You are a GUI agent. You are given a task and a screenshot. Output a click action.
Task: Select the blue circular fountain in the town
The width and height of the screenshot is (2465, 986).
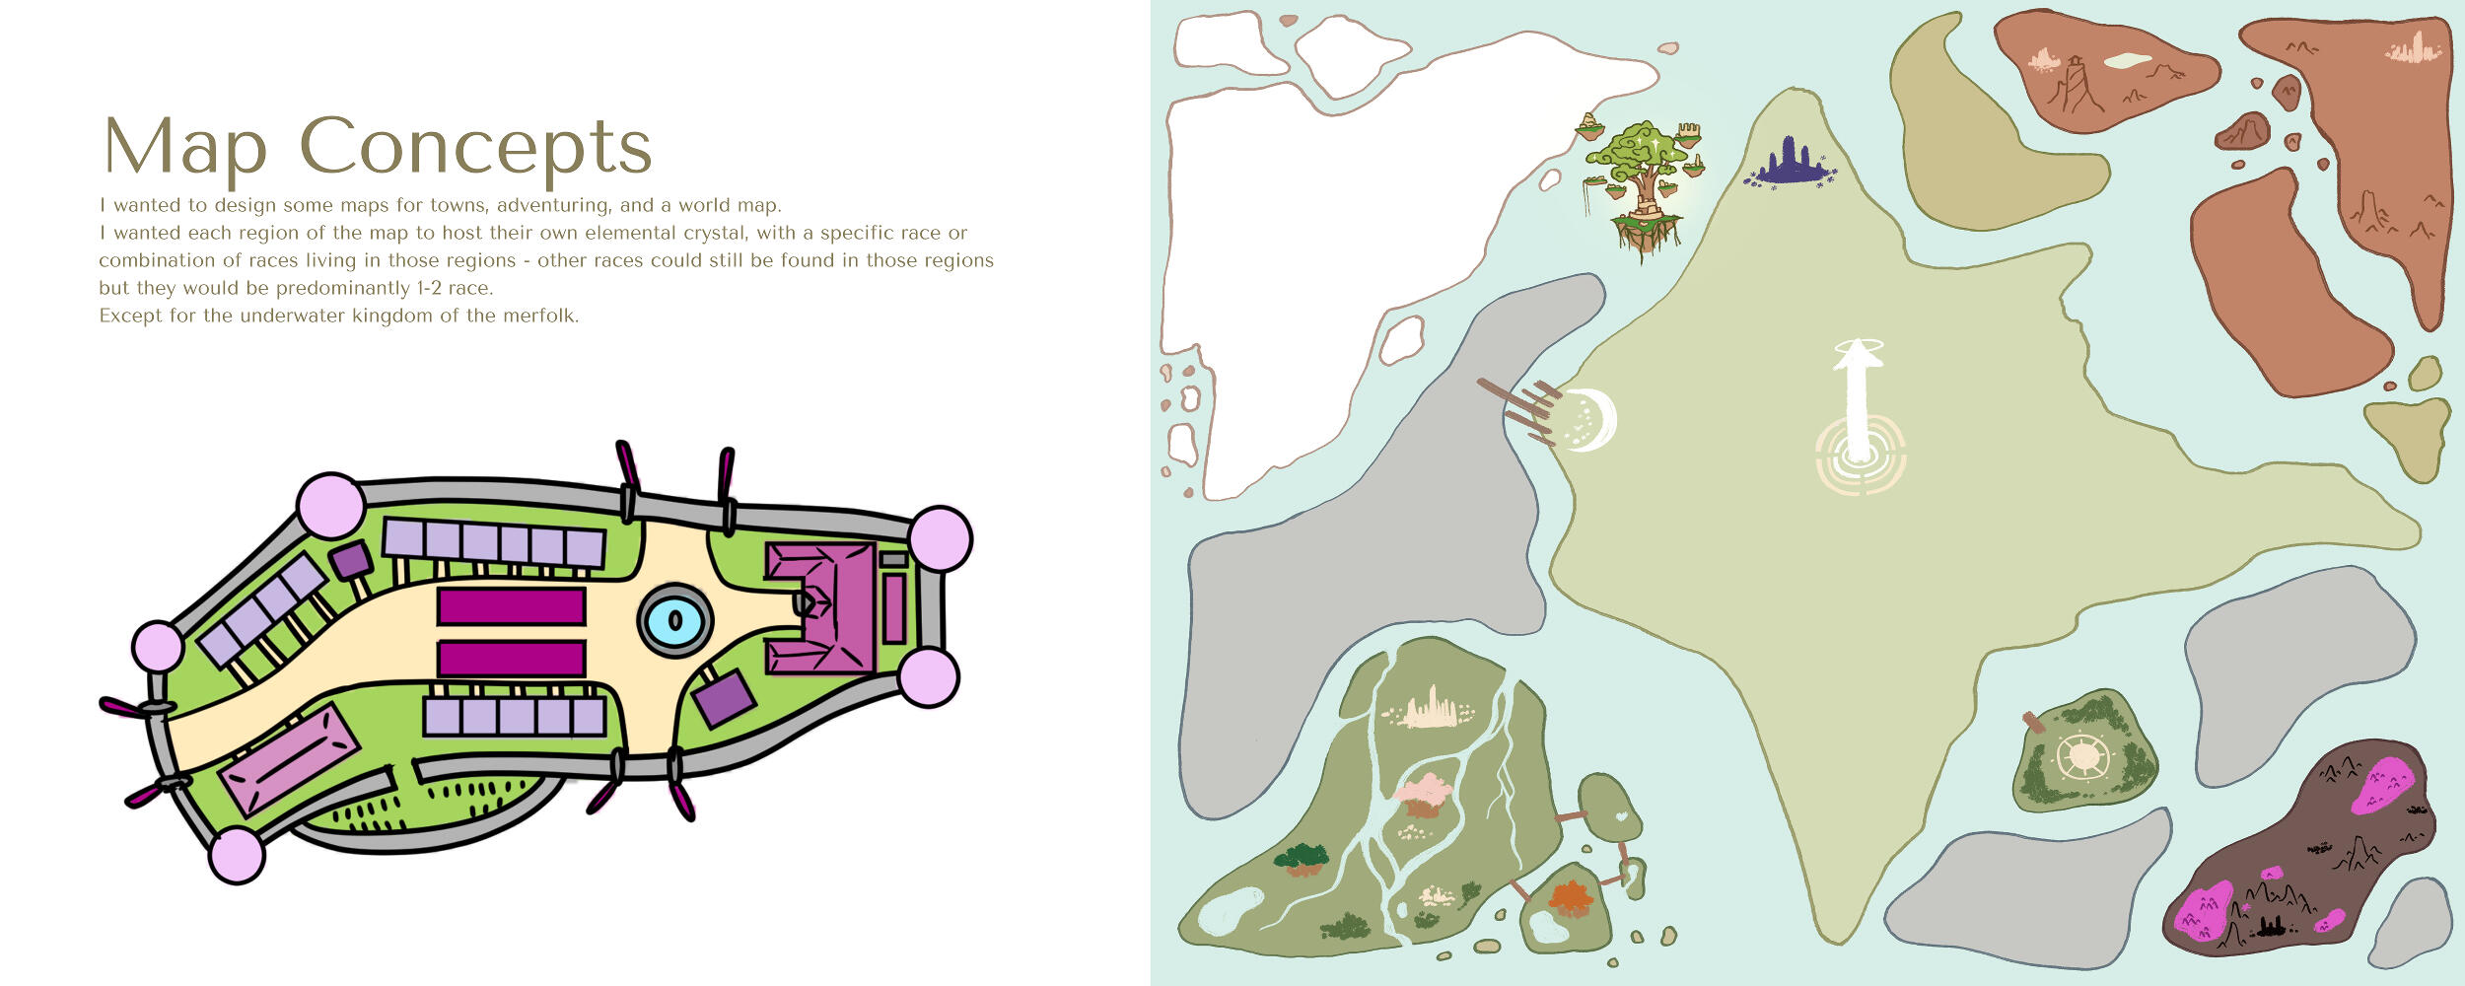(675, 620)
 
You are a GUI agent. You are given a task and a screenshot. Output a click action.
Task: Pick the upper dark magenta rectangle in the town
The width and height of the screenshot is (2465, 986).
(512, 605)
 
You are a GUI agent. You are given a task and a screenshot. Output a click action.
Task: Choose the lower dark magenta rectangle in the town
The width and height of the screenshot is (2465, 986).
(512, 659)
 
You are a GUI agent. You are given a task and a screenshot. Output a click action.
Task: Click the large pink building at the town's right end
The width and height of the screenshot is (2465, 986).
(821, 607)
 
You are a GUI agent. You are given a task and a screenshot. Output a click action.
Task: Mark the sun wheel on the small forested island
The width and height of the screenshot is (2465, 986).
(2083, 757)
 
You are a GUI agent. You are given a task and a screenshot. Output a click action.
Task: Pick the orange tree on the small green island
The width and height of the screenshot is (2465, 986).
(1571, 898)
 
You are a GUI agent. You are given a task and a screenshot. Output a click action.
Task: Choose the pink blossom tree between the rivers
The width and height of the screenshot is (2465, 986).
(1423, 795)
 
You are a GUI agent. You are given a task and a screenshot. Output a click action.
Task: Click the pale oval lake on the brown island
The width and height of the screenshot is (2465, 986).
(2128, 61)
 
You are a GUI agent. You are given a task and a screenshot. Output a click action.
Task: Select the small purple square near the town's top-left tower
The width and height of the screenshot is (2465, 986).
(351, 561)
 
